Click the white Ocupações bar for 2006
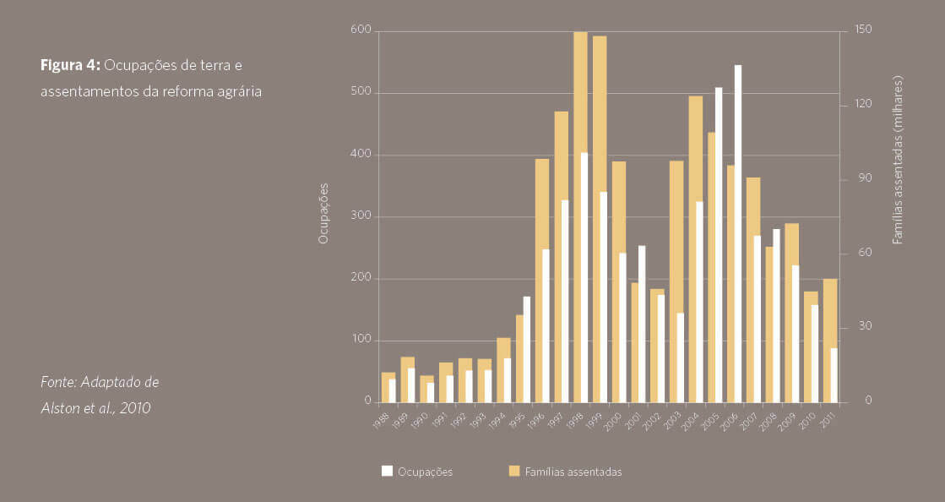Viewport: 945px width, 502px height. [x=737, y=232]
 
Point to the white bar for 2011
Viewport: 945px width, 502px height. [x=834, y=374]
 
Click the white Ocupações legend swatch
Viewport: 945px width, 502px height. [x=388, y=472]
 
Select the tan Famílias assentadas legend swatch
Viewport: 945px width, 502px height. [x=514, y=472]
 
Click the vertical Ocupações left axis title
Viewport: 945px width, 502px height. [x=323, y=214]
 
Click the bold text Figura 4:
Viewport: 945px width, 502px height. [x=71, y=65]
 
